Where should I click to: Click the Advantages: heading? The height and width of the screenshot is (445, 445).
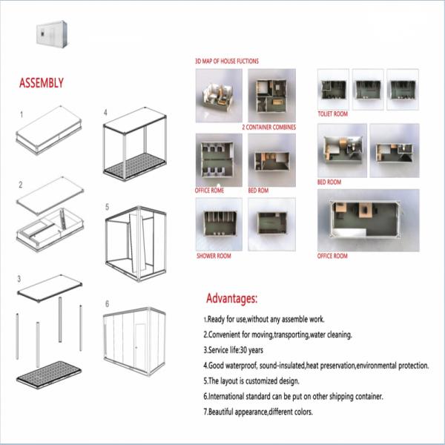(x=231, y=299)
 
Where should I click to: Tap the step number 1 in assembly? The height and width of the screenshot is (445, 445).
(x=22, y=115)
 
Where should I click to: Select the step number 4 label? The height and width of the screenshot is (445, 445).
(x=106, y=113)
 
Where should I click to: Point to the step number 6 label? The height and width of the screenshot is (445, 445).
(x=107, y=304)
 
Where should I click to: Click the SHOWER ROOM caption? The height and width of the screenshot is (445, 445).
(x=214, y=256)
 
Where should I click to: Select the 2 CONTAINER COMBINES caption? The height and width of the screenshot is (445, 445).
(x=268, y=128)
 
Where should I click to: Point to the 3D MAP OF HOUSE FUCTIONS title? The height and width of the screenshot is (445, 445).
(x=227, y=61)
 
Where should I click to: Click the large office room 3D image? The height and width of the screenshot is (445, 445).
(x=367, y=220)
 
